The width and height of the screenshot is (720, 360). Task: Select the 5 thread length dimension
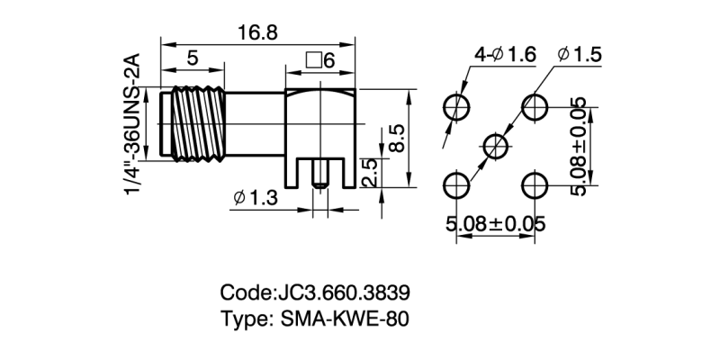193,59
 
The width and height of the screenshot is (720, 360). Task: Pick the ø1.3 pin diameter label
255,197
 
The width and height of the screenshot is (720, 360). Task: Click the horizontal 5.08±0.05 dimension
496,225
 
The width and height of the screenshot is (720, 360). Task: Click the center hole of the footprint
497,145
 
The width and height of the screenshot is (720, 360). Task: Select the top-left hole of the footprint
458,106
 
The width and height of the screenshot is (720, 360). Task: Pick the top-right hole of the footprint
535,106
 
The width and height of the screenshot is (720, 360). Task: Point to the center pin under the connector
318,179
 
